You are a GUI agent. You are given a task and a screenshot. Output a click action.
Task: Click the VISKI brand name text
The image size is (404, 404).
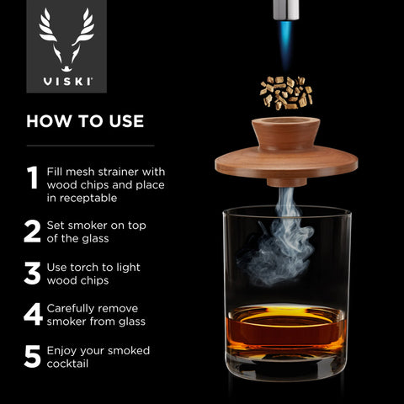pyautogui.click(x=67, y=84)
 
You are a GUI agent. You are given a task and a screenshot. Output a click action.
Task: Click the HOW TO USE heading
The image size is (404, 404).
pyautogui.click(x=85, y=121)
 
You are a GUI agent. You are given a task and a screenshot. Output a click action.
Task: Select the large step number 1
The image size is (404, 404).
pyautogui.click(x=32, y=178)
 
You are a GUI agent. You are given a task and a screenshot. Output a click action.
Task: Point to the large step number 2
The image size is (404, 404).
pyautogui.click(x=33, y=231)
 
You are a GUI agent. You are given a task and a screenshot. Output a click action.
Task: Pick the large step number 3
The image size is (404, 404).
pyautogui.click(x=33, y=274)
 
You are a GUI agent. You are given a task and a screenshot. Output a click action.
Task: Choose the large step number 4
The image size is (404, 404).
pyautogui.click(x=33, y=315)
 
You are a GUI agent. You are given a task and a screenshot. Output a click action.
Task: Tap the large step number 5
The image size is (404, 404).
pyautogui.click(x=33, y=357)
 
